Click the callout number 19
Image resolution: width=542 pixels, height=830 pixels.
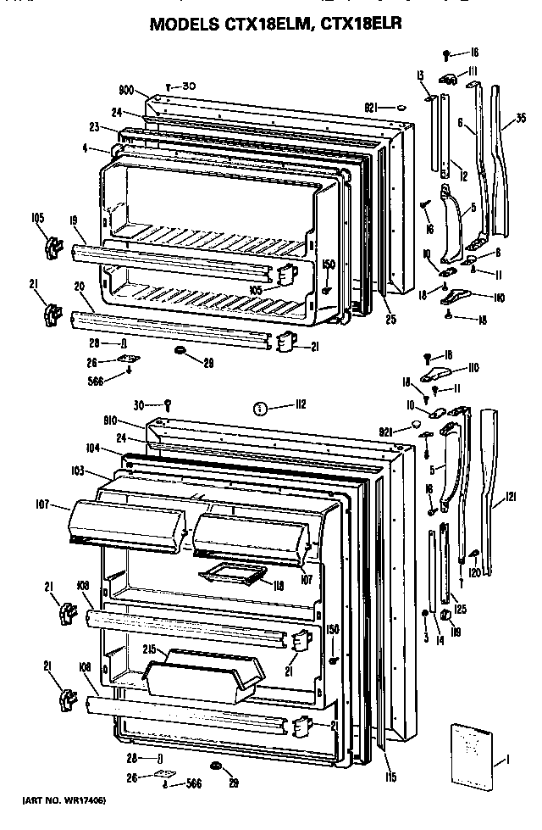pos(75,220)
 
